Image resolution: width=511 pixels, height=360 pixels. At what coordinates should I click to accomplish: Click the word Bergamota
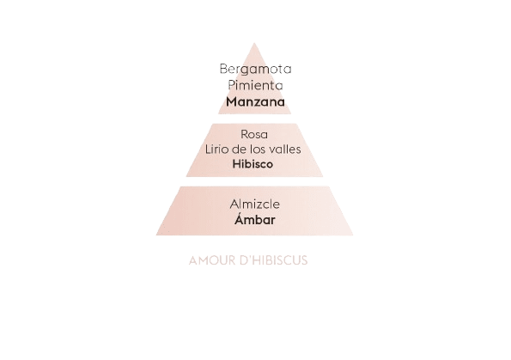click(x=256, y=70)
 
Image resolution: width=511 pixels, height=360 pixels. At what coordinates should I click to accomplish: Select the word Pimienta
click(x=255, y=85)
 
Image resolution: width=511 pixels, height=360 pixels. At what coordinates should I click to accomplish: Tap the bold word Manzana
click(x=255, y=101)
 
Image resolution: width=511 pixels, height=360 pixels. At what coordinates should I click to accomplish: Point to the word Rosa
click(x=254, y=134)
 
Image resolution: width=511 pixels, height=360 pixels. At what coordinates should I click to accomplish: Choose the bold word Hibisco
click(x=252, y=164)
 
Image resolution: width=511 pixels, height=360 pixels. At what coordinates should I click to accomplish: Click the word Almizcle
click(x=254, y=204)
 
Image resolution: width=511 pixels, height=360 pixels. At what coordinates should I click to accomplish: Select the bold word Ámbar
click(x=255, y=219)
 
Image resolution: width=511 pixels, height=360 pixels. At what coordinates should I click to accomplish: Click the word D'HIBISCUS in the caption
click(x=273, y=260)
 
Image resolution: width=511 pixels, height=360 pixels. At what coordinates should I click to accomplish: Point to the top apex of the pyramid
click(x=254, y=43)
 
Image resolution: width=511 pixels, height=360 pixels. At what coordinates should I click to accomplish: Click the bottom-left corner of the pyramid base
click(x=156, y=235)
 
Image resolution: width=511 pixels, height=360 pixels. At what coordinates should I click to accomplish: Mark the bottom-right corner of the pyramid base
click(x=353, y=235)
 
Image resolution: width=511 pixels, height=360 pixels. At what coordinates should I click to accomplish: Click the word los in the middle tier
click(x=259, y=149)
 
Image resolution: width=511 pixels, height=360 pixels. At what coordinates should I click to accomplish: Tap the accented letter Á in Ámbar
click(x=240, y=218)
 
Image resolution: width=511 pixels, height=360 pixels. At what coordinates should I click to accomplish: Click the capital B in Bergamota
click(x=223, y=69)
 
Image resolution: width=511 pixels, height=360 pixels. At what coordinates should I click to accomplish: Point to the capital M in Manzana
click(x=232, y=101)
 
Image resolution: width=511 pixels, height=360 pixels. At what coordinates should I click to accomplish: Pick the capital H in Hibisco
click(x=236, y=164)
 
